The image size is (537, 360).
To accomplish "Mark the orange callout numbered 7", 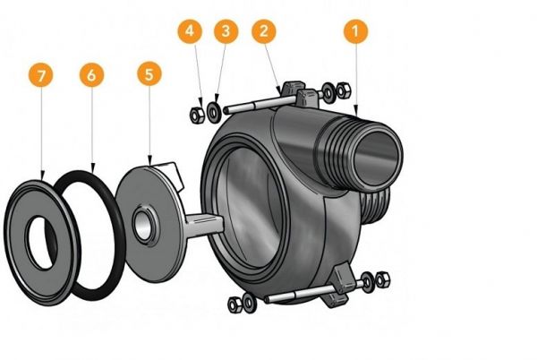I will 40,74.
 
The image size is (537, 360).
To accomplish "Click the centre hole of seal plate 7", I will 40,241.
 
